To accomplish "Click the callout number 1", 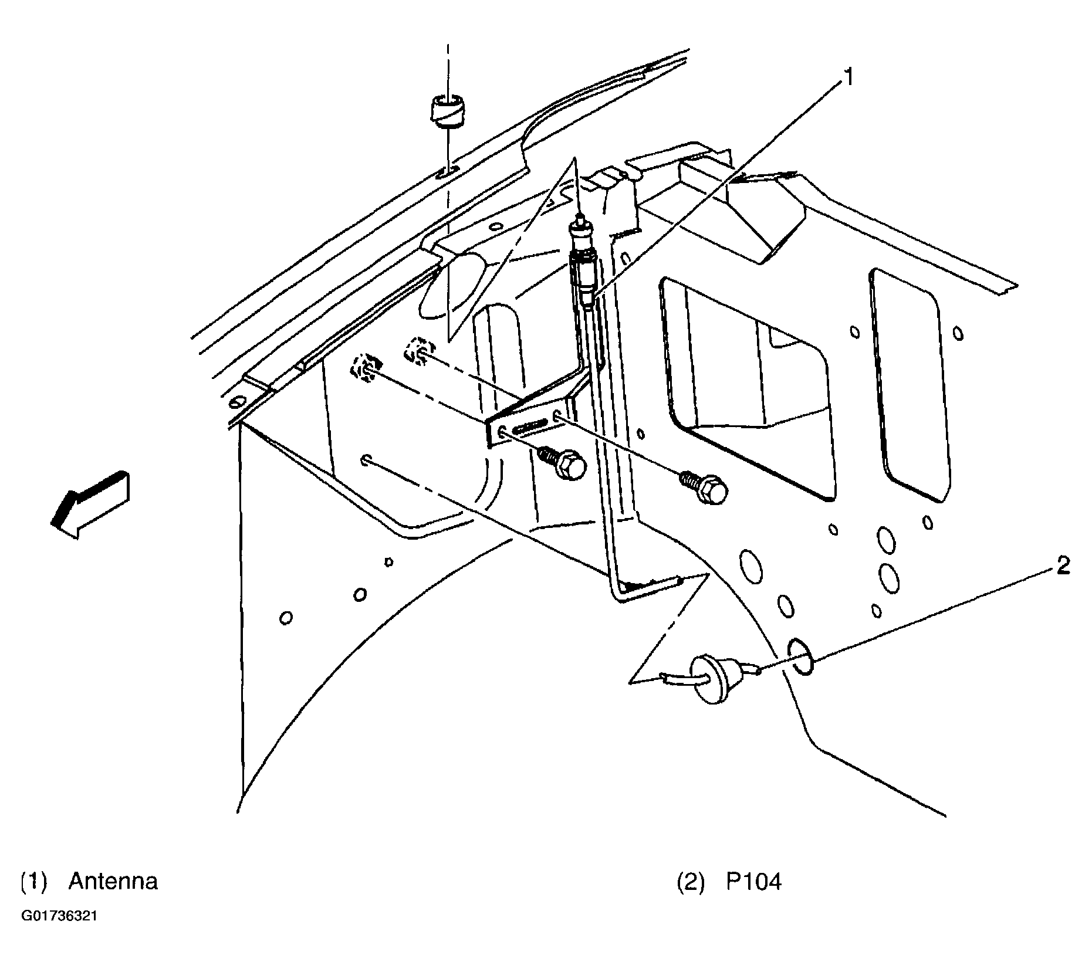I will pyautogui.click(x=848, y=79).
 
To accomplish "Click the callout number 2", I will pyautogui.click(x=1063, y=566).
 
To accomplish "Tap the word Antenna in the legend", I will pyautogui.click(x=113, y=882).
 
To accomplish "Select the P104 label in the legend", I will pyautogui.click(x=754, y=882).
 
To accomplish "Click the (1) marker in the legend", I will pyautogui.click(x=34, y=882).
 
